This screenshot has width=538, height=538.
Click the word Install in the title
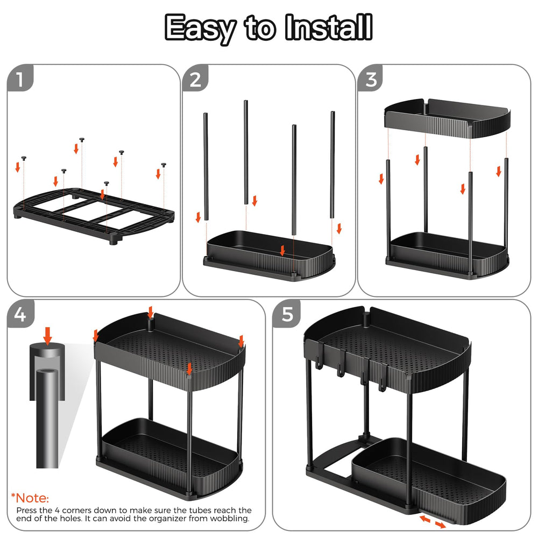[329, 27]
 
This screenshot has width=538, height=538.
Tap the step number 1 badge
[20, 78]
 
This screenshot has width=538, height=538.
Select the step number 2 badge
[195, 78]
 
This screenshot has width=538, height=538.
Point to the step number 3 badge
[371, 78]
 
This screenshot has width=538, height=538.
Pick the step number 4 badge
[20, 314]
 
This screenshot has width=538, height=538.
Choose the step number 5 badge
[287, 314]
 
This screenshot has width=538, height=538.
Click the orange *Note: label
[30, 498]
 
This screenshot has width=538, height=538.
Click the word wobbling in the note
[230, 519]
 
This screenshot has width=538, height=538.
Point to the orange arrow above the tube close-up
[48, 336]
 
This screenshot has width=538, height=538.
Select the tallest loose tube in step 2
[246, 152]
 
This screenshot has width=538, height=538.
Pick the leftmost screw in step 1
[24, 158]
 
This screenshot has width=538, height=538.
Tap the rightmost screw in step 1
[164, 165]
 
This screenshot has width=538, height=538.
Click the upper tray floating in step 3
[448, 118]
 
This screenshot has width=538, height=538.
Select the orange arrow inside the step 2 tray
[282, 251]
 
